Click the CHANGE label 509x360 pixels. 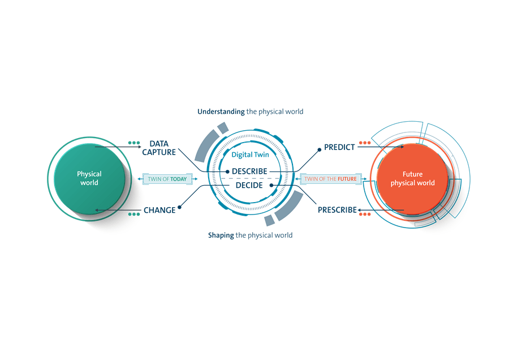pyautogui.click(x=159, y=210)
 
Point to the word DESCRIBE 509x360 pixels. pyautogui.click(x=249, y=171)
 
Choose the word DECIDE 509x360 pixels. pyautogui.click(x=249, y=185)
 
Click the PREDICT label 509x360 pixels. pyautogui.click(x=339, y=147)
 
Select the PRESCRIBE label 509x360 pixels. pyautogui.click(x=337, y=210)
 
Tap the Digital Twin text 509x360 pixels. pyautogui.click(x=250, y=155)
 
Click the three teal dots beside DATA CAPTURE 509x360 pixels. pyautogui.click(x=133, y=143)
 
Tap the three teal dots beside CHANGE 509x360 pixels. pyautogui.click(x=133, y=215)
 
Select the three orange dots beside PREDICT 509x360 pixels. pyautogui.click(x=364, y=143)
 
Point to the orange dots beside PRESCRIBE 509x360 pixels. pyautogui.click(x=364, y=215)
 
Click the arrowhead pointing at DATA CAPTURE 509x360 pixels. pyautogui.click(x=140, y=148)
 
